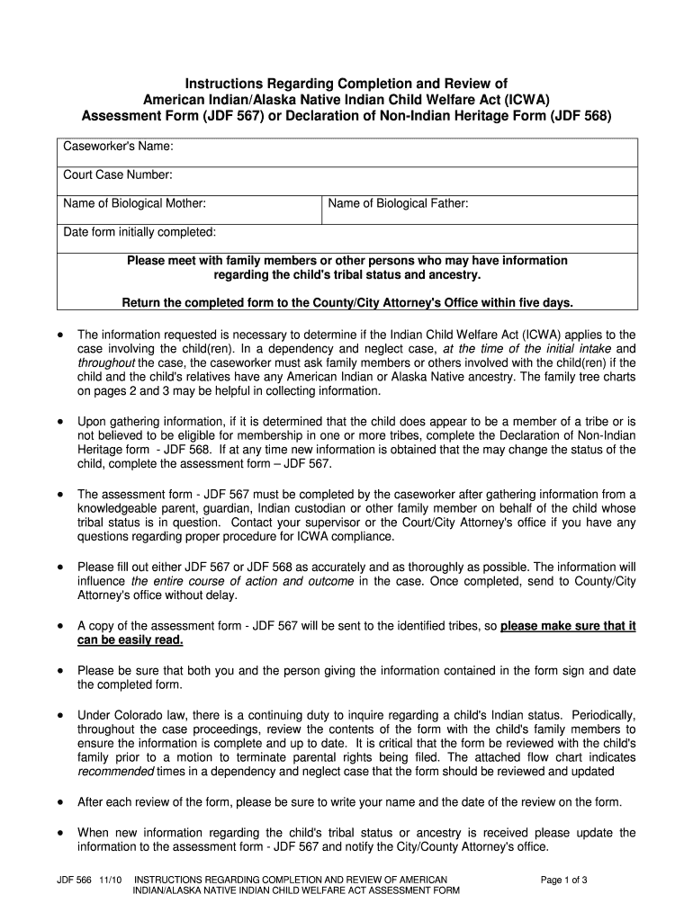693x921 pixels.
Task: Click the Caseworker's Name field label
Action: tap(118, 148)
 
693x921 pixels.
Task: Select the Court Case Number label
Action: tap(118, 175)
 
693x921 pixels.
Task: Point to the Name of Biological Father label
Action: tap(398, 204)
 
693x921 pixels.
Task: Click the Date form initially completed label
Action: tap(139, 232)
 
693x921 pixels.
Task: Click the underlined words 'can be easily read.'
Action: tap(130, 639)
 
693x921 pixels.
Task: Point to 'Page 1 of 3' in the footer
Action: tap(563, 880)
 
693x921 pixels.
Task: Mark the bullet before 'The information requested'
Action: tap(59, 335)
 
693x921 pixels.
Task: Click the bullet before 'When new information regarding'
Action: tap(59, 833)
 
